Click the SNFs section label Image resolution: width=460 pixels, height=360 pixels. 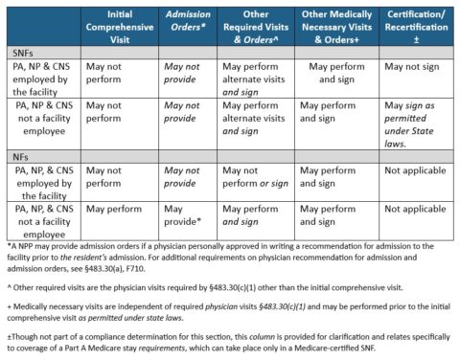(x=20, y=53)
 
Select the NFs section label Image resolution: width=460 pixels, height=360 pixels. (x=18, y=154)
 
